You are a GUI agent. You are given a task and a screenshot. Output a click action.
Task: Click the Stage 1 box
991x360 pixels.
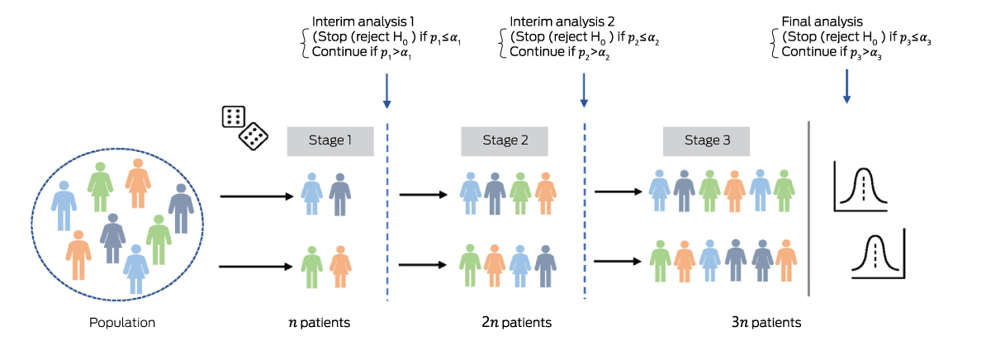(x=330, y=141)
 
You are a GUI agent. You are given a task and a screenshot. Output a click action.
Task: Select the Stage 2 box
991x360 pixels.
(x=505, y=141)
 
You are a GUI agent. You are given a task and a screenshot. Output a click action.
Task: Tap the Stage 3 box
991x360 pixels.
(x=707, y=141)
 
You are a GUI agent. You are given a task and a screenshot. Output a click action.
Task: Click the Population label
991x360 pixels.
(x=122, y=322)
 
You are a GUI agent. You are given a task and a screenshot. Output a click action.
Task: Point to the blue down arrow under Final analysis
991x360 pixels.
(x=846, y=86)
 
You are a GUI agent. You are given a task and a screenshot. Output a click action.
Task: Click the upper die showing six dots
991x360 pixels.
(x=234, y=116)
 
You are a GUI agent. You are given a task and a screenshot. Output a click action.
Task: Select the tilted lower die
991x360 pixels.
(x=252, y=136)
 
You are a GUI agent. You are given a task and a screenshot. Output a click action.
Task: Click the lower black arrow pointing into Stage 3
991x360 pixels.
(x=619, y=261)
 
